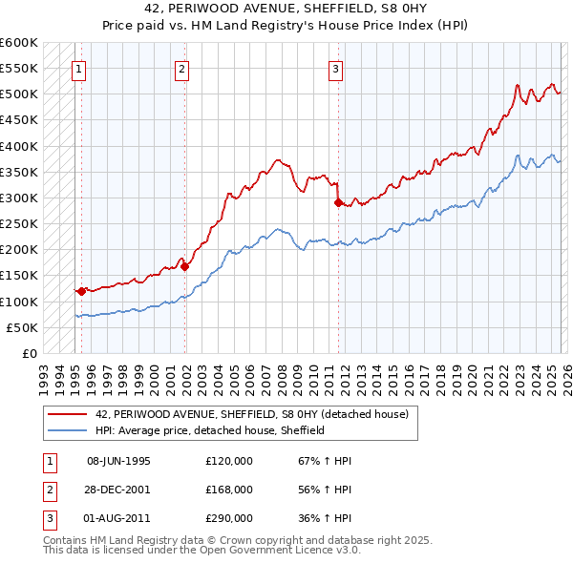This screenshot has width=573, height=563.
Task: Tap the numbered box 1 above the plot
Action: pos(77,68)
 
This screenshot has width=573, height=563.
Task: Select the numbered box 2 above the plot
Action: pos(181,68)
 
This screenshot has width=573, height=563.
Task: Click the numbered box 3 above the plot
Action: pos(336,68)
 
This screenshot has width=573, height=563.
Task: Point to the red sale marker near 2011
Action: pos(337,203)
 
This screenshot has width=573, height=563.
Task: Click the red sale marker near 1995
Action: pos(81,290)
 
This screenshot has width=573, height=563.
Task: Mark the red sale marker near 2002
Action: pos(185,266)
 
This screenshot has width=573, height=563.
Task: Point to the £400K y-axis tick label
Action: pos(19,146)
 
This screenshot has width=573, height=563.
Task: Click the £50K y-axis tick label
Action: pos(22,327)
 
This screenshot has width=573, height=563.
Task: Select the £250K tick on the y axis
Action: pos(19,223)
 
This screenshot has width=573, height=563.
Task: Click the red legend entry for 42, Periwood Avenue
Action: pos(252,414)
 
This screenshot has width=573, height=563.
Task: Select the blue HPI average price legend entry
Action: pos(210,430)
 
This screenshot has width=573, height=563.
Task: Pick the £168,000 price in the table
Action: pos(229,490)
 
